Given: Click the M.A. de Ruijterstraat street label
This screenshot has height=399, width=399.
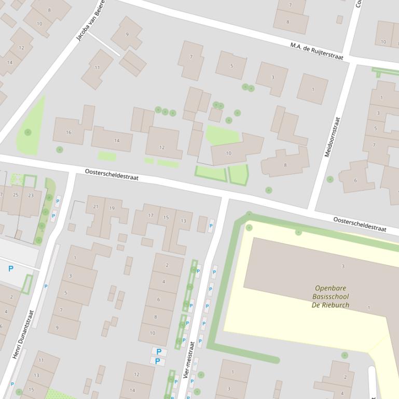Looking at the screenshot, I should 317,52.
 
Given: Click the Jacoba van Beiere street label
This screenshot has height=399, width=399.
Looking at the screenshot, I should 90,21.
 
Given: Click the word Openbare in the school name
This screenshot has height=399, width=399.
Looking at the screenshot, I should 331,288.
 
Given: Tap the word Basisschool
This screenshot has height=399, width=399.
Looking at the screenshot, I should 331,297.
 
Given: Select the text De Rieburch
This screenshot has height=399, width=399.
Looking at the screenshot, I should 331,305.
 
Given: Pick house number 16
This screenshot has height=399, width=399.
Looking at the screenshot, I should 68,133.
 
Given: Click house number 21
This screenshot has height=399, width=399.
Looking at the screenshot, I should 95,207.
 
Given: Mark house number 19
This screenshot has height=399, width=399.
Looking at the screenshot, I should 112,208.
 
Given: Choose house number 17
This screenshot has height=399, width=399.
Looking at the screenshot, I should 151,216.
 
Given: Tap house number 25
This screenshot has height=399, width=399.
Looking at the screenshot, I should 16,195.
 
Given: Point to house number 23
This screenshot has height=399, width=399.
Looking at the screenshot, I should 31,195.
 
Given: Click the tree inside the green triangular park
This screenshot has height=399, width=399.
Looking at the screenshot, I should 27,132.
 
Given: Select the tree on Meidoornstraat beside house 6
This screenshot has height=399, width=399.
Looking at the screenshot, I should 330,179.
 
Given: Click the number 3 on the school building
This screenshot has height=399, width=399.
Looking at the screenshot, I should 342,266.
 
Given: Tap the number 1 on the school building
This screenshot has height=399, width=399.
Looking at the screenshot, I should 369,308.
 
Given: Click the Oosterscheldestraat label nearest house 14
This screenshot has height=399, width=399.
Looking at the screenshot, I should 112,174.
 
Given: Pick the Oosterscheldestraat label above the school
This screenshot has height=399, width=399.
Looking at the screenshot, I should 360,224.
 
